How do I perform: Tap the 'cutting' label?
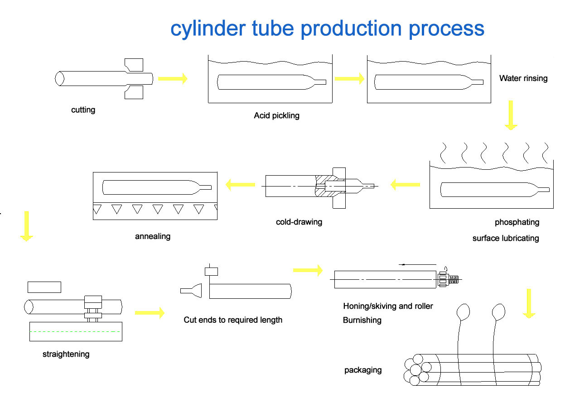[83, 110]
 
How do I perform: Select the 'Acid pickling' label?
[276, 115]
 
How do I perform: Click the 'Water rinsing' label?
[523, 78]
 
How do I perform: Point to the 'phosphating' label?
[517, 222]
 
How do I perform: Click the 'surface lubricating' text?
[506, 238]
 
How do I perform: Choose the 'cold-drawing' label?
[299, 222]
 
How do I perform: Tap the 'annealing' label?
[153, 236]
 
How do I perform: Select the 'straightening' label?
[66, 354]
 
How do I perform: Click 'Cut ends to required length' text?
[233, 320]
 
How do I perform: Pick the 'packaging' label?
[363, 370]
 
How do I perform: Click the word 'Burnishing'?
[362, 321]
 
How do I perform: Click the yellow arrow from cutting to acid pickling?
[173, 78]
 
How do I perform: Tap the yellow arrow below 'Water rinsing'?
[511, 115]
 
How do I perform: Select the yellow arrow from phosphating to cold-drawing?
[405, 184]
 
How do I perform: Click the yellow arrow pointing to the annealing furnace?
[240, 184]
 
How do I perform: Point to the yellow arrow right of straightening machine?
[150, 312]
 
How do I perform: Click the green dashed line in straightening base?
[75, 332]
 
